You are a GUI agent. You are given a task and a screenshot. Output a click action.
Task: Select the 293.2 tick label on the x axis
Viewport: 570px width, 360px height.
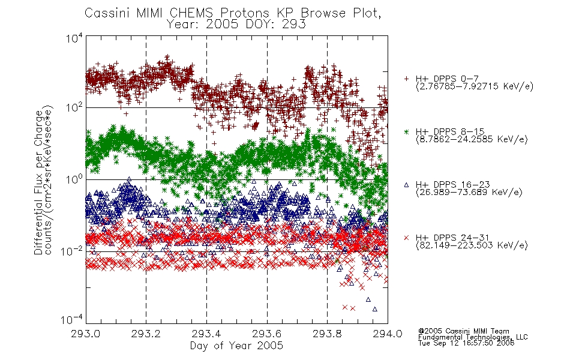146,334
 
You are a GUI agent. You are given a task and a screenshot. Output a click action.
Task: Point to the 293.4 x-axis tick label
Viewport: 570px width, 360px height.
206,334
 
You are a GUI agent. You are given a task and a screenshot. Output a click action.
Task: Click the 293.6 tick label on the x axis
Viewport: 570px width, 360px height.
267,334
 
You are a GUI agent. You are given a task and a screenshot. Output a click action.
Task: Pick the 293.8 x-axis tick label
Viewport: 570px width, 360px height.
327,334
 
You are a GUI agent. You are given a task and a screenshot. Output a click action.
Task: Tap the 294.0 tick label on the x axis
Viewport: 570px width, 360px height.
388,334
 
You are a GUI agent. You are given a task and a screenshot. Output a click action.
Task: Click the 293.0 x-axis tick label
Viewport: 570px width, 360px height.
86,334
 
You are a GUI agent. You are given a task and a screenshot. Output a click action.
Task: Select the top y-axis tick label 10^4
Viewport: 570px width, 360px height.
74,38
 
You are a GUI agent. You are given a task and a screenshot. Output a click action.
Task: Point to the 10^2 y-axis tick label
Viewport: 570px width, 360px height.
74,107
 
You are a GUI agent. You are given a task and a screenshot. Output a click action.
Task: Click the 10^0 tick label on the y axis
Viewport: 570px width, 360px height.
74,179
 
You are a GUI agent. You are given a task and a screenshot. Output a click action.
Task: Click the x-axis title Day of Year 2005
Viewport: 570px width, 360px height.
236,346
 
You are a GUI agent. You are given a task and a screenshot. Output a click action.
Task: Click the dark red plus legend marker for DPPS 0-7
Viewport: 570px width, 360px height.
406,78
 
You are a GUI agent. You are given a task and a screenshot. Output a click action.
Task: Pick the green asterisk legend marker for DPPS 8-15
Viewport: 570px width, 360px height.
406,131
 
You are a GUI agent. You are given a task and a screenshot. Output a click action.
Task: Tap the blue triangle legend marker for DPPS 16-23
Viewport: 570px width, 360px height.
406,185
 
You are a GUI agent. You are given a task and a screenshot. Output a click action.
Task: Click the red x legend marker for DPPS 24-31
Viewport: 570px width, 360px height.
406,238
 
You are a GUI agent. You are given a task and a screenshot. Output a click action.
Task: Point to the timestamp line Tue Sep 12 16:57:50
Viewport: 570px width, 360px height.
466,343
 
